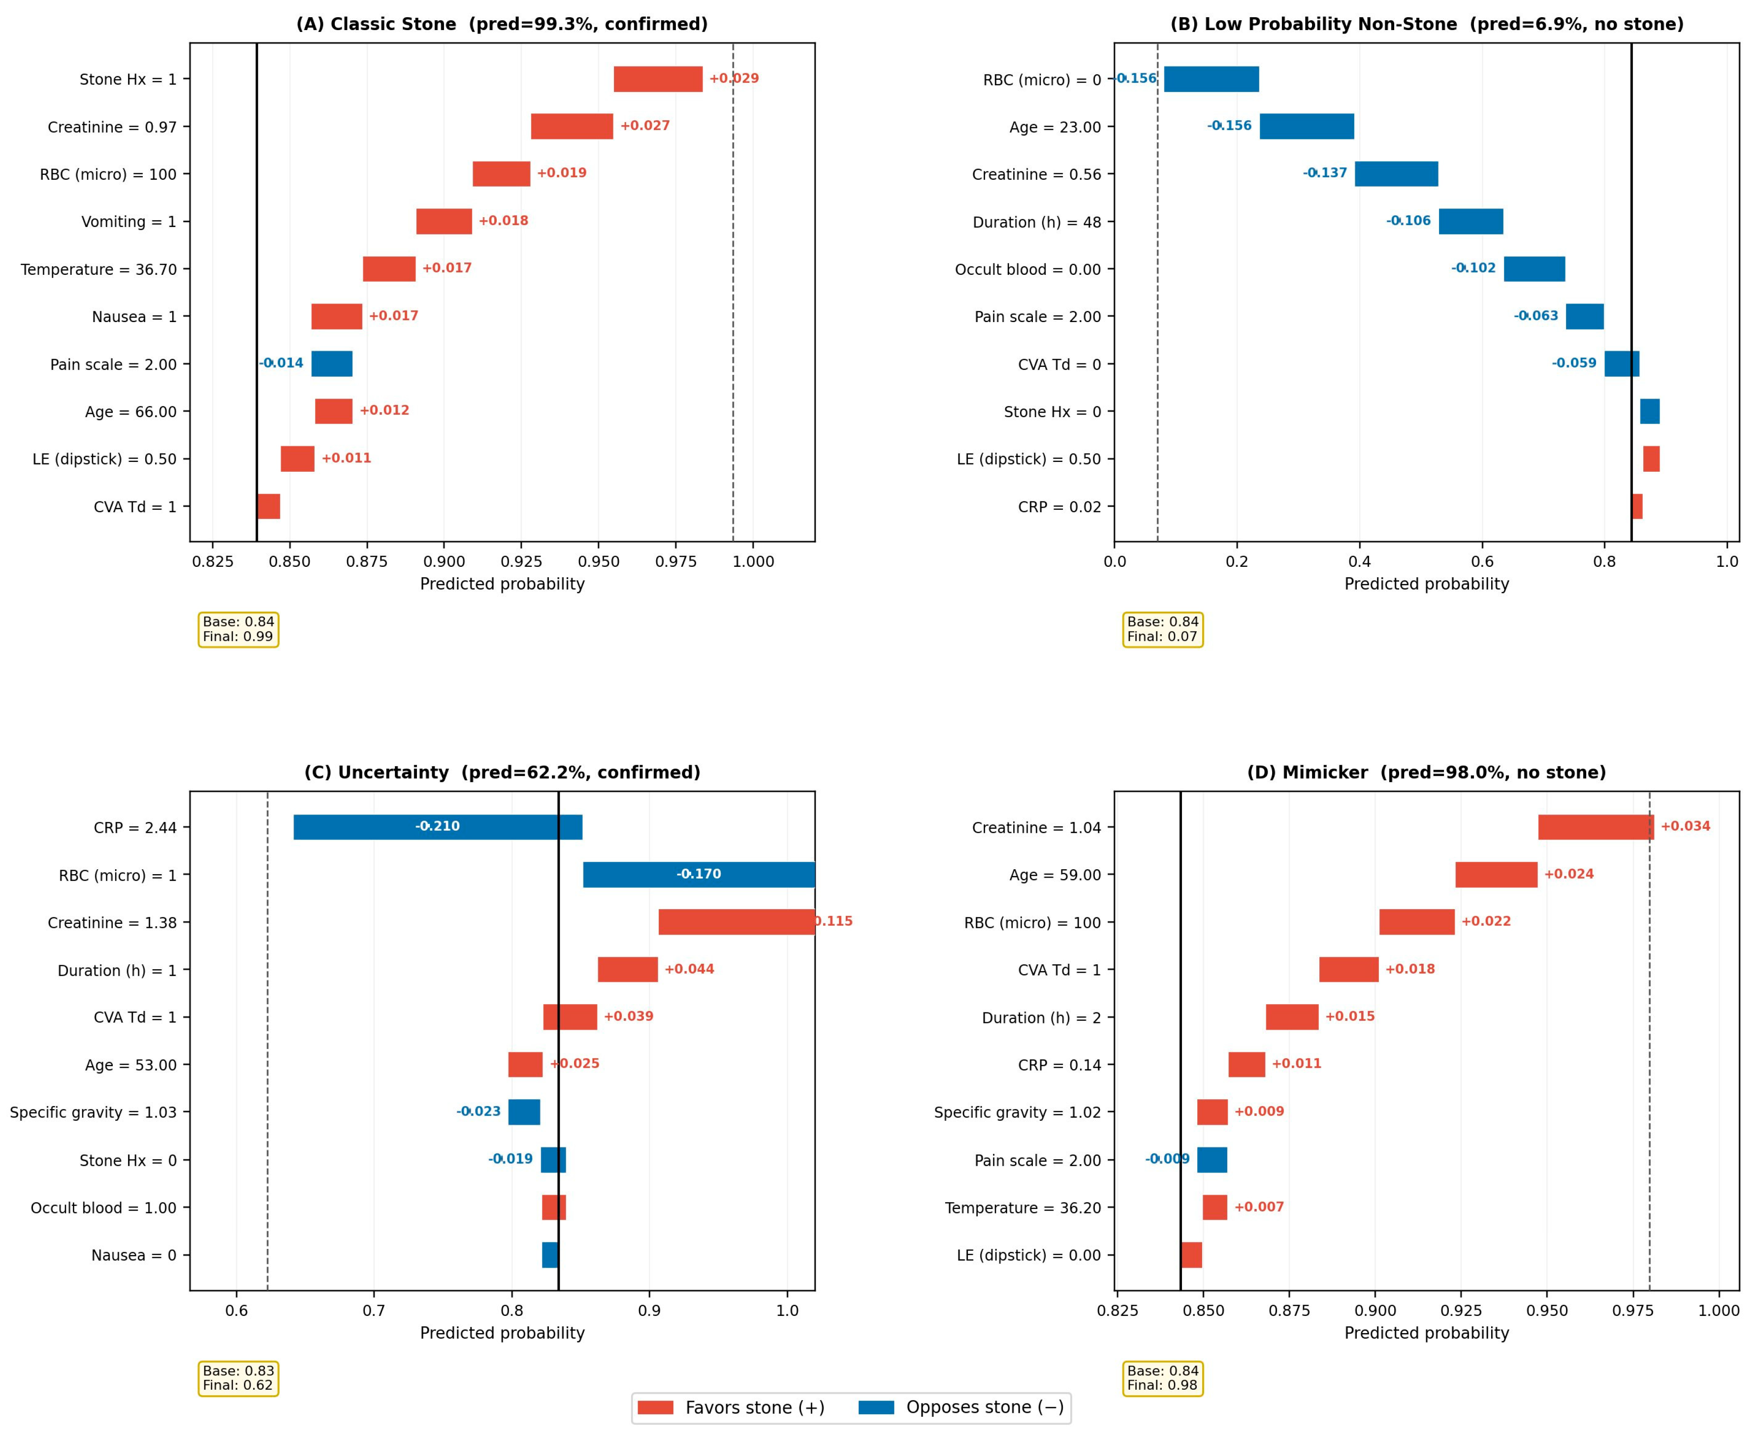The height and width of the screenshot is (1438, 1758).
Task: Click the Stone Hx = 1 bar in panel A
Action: coord(658,79)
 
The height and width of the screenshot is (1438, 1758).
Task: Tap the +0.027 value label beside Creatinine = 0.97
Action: coord(645,126)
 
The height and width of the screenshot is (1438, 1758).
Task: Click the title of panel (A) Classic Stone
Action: coord(502,24)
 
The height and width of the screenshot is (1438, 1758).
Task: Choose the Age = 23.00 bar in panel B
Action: coord(1307,127)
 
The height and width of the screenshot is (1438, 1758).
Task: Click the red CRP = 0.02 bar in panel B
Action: coord(1637,506)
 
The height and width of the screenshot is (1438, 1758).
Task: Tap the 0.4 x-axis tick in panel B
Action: coord(1360,561)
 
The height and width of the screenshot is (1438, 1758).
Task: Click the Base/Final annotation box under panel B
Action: coord(1163,629)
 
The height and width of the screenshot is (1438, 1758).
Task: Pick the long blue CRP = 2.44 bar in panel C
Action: coord(438,827)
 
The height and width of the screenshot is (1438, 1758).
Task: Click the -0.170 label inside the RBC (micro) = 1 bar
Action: coord(699,874)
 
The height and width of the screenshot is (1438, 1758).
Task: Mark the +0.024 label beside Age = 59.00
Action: coord(1568,874)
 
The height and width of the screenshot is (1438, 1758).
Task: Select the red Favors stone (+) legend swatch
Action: coord(656,1407)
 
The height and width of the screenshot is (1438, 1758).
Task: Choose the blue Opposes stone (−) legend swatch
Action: coord(876,1407)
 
